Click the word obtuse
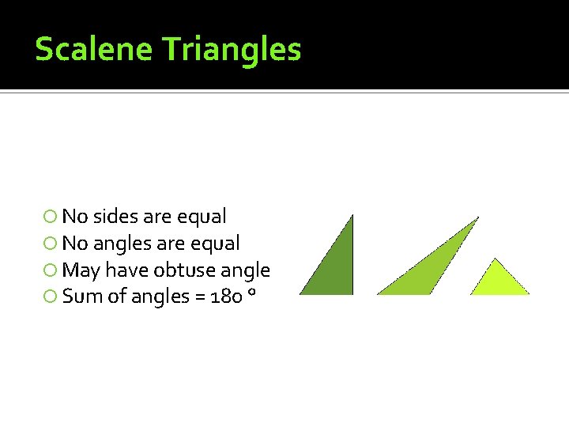click(x=184, y=270)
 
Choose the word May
click(x=81, y=270)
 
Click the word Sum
click(x=80, y=297)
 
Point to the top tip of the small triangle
click(x=496, y=259)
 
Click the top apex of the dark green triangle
click(x=351, y=216)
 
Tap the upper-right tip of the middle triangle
click(x=477, y=218)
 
